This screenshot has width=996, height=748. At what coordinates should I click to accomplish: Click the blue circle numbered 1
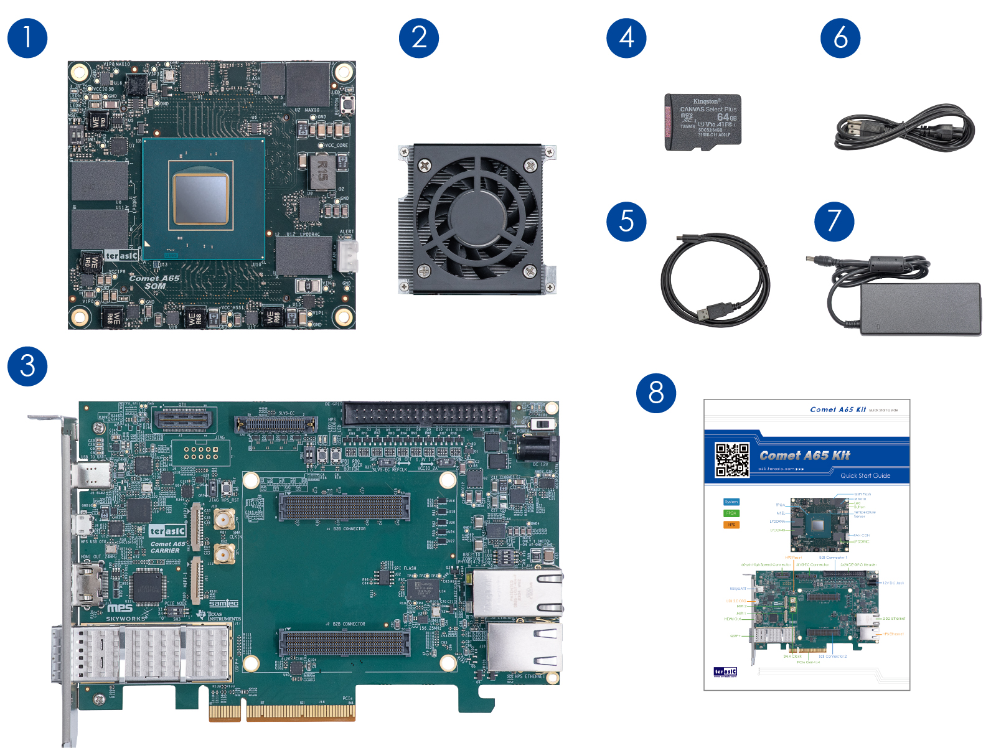point(27,39)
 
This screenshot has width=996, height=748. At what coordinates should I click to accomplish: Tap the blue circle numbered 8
point(656,393)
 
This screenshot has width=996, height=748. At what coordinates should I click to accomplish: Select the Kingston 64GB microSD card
point(703,122)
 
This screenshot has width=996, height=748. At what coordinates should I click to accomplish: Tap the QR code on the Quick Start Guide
point(731,460)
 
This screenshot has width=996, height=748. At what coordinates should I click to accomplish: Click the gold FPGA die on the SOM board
point(200,199)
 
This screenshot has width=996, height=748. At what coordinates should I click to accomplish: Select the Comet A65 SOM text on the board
point(154,282)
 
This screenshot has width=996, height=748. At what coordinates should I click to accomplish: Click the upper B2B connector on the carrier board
point(344,507)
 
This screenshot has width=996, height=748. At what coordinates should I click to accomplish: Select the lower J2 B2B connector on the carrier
point(344,642)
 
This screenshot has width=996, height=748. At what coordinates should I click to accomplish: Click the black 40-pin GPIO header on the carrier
point(427,413)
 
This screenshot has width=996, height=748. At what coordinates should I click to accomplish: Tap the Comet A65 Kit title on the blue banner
point(804,456)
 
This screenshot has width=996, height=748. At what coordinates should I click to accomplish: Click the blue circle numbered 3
point(27,366)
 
